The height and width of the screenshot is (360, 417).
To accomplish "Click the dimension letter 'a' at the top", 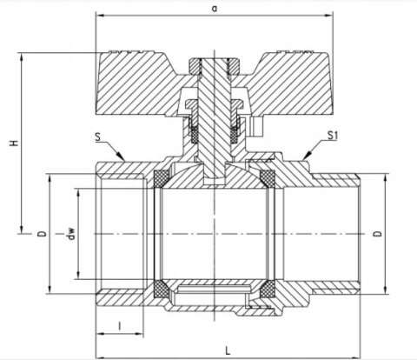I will pyautogui.click(x=214, y=7).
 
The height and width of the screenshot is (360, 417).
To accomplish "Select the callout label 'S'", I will pyautogui.click(x=99, y=136).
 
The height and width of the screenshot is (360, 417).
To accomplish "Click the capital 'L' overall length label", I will pyautogui.click(x=227, y=350).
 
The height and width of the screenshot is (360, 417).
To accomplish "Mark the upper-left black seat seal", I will pyautogui.click(x=161, y=179).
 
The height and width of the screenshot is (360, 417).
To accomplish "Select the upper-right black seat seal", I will pyautogui.click(x=268, y=179).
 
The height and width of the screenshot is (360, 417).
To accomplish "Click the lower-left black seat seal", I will pyautogui.click(x=161, y=289).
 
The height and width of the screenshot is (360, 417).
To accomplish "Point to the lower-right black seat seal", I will pyautogui.click(x=268, y=289).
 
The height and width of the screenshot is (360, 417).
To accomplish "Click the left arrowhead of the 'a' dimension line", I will pyautogui.click(x=97, y=16).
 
